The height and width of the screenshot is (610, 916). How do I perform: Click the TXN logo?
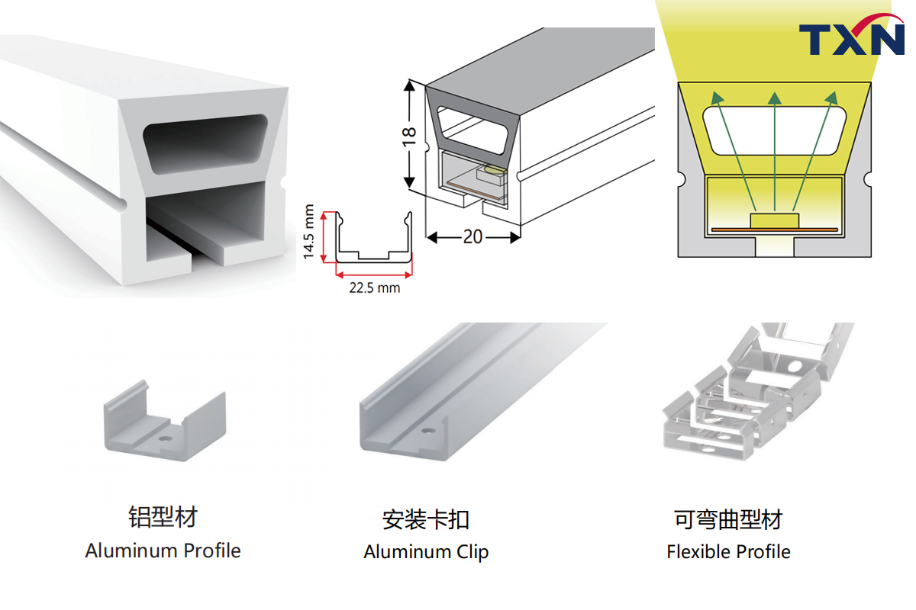850,39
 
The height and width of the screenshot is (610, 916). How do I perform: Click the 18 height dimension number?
410,134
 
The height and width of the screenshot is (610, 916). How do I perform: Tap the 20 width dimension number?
473,237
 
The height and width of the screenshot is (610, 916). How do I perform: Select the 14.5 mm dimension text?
309,232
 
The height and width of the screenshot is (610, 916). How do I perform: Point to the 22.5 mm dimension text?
374,288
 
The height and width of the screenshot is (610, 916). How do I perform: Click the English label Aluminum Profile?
163,551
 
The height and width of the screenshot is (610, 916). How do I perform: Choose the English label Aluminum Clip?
426,552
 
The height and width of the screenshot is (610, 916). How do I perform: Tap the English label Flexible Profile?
728,552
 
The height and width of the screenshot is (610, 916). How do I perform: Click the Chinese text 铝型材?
163,517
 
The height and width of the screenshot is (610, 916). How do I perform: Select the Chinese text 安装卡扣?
426,520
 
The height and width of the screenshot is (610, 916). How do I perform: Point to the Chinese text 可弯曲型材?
728,520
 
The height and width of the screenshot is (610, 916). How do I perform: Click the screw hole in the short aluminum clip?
164,440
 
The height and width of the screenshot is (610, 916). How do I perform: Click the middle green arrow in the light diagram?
775,152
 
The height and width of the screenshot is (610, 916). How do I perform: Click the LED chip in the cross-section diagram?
774,220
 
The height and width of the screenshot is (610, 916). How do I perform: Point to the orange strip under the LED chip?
774,229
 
